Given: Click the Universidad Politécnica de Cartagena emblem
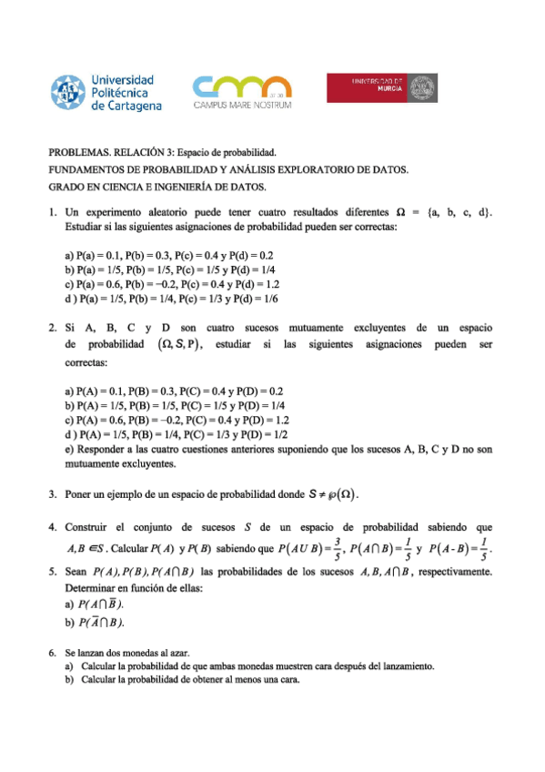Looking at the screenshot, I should (x=68, y=92).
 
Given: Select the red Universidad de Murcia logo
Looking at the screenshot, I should (x=381, y=90).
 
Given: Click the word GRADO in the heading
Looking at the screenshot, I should (x=67, y=188).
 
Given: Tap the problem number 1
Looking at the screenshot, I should (x=52, y=212).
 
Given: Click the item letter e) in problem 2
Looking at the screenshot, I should (x=70, y=450).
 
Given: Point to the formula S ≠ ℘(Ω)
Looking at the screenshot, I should (x=331, y=494).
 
